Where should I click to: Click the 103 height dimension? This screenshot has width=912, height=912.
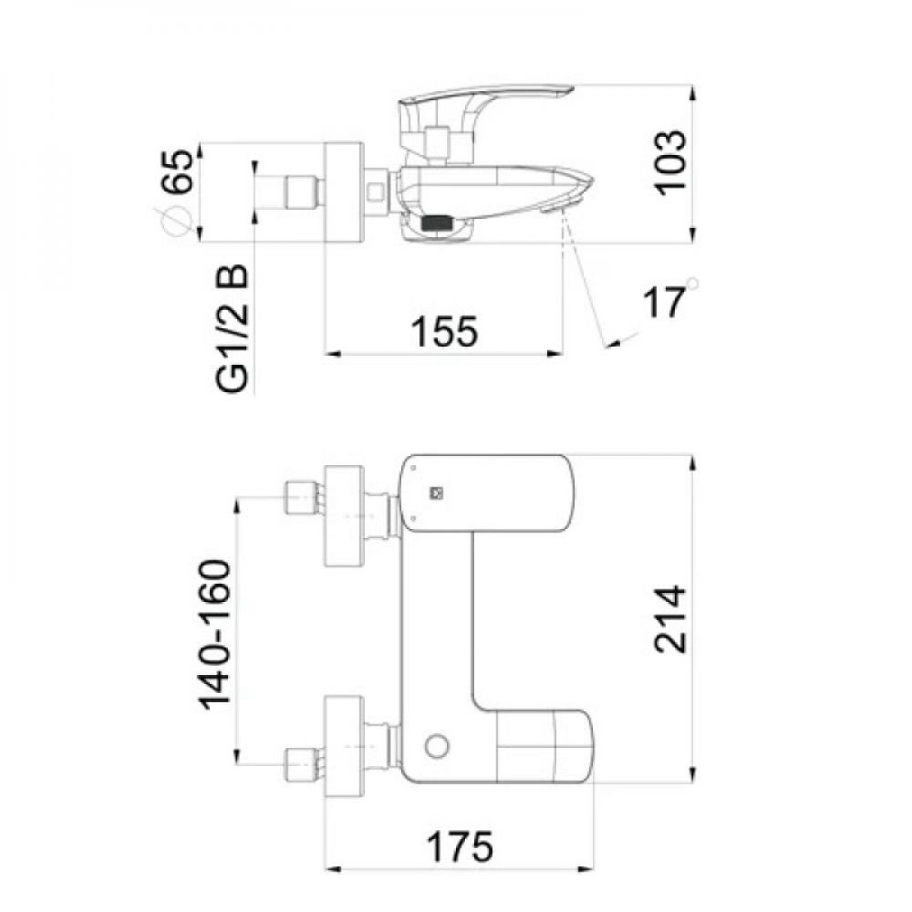(x=669, y=163)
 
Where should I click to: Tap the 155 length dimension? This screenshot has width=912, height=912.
(x=444, y=332)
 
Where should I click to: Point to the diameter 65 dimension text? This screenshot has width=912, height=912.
(x=177, y=171)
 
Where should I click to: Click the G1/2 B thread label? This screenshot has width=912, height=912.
(x=232, y=328)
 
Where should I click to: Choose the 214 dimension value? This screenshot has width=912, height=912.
(x=669, y=619)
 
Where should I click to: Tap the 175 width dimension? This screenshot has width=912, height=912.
(x=460, y=846)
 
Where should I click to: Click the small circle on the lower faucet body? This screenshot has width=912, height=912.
(x=436, y=746)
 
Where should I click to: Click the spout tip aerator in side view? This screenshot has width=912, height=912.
(x=554, y=209)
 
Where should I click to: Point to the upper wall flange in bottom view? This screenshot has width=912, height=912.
(x=345, y=516)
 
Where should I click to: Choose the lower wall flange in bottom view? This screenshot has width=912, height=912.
(x=345, y=746)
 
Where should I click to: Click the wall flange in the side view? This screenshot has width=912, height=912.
(x=345, y=192)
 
